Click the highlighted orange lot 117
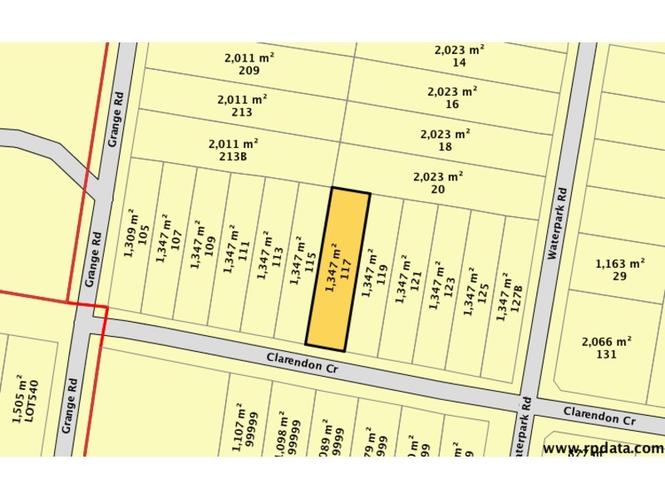(337, 268)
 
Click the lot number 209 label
(249, 71)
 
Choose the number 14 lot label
(459, 62)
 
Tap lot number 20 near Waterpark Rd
(438, 190)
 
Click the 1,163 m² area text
(620, 264)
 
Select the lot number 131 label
(606, 353)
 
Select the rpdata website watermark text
(603, 448)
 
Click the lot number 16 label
(452, 104)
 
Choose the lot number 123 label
(449, 289)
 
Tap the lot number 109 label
(209, 246)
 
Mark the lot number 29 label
(619, 276)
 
